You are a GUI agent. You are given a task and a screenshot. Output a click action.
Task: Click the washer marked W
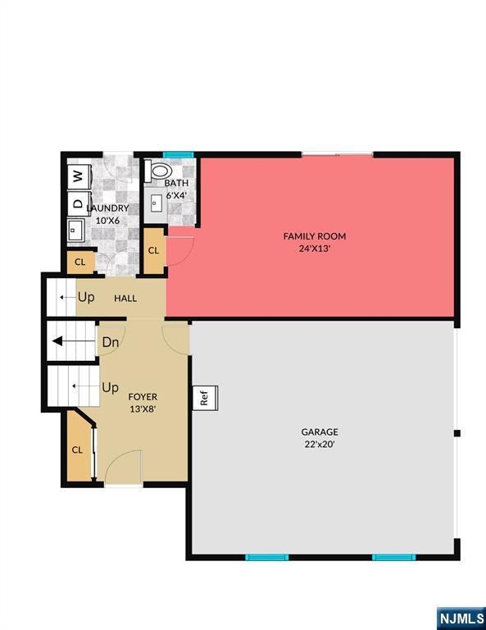point(79,176)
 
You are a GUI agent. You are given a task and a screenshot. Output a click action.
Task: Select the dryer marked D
point(79,203)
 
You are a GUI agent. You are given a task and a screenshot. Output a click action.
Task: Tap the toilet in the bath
point(158,171)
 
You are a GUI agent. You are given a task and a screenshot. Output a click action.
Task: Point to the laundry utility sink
point(75,231)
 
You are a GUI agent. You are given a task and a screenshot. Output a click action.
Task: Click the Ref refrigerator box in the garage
point(205,398)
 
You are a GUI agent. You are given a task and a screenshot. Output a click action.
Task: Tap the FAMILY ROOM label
point(314,236)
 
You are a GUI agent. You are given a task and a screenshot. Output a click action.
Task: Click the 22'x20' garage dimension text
point(320,445)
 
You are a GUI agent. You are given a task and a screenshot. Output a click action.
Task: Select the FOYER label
point(143,397)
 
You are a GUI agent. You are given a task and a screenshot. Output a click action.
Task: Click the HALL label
point(125,298)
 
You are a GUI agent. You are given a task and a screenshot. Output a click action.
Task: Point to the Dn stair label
point(111,342)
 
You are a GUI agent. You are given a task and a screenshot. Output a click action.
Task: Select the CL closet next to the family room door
point(154,251)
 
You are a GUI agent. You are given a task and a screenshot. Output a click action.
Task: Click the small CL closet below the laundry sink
point(80,262)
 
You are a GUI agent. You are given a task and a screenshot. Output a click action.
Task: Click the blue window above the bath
point(178,155)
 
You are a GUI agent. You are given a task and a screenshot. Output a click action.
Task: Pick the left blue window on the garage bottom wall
point(267,557)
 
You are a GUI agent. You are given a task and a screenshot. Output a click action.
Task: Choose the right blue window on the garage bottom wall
point(393,557)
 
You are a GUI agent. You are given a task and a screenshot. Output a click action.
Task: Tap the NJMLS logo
point(461,618)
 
